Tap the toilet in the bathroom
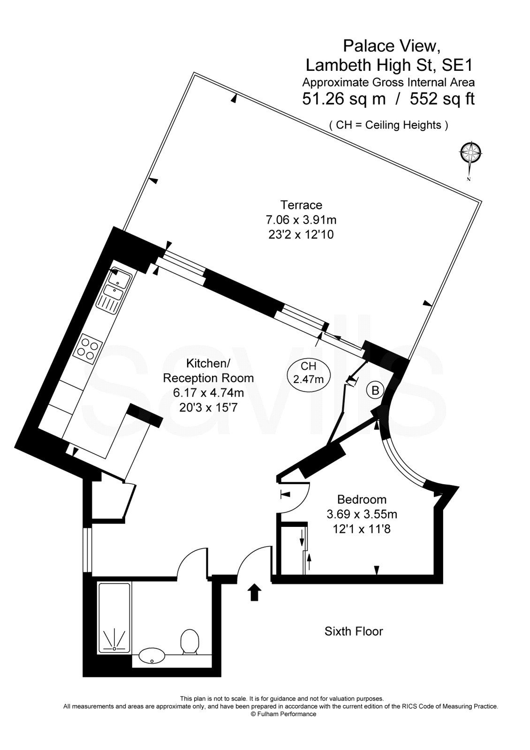pyautogui.click(x=189, y=641)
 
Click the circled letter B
pyautogui.click(x=375, y=390)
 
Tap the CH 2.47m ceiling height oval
pyautogui.click(x=308, y=372)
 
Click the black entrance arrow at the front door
pyautogui.click(x=254, y=592)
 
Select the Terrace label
pyautogui.click(x=301, y=205)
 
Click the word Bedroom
pyautogui.click(x=362, y=499)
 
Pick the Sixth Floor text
pyautogui.click(x=354, y=631)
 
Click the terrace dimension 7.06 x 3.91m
pyautogui.click(x=301, y=219)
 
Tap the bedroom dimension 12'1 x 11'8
pyautogui.click(x=362, y=529)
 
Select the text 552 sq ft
pyautogui.click(x=442, y=99)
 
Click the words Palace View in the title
pyautogui.click(x=392, y=45)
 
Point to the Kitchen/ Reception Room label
pyautogui.click(x=208, y=370)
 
